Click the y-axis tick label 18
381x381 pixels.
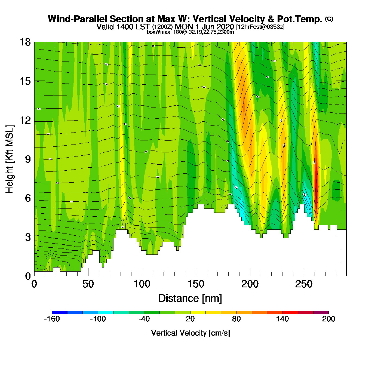[x=25, y=42]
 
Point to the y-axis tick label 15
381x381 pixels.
[x=25, y=81]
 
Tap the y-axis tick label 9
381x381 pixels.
[x=28, y=159]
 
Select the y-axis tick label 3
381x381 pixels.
[x=28, y=237]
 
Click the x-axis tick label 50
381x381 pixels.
[x=88, y=284]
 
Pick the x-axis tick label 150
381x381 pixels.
[x=196, y=284]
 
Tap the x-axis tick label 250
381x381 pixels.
[x=304, y=284]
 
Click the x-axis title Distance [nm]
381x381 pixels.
[x=190, y=299]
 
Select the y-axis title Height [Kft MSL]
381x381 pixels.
[x=10, y=159]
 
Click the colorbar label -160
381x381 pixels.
[x=52, y=319]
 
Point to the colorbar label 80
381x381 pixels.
[x=236, y=319]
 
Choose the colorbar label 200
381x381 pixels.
[x=328, y=319]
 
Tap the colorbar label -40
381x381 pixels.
[x=144, y=319]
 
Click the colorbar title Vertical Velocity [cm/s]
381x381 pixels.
[x=190, y=333]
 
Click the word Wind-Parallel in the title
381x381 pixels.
[x=78, y=19]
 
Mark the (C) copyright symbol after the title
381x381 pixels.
[x=329, y=19]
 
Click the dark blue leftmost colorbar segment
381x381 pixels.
[x=59, y=313]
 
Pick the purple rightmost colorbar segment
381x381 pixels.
[x=321, y=313]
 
